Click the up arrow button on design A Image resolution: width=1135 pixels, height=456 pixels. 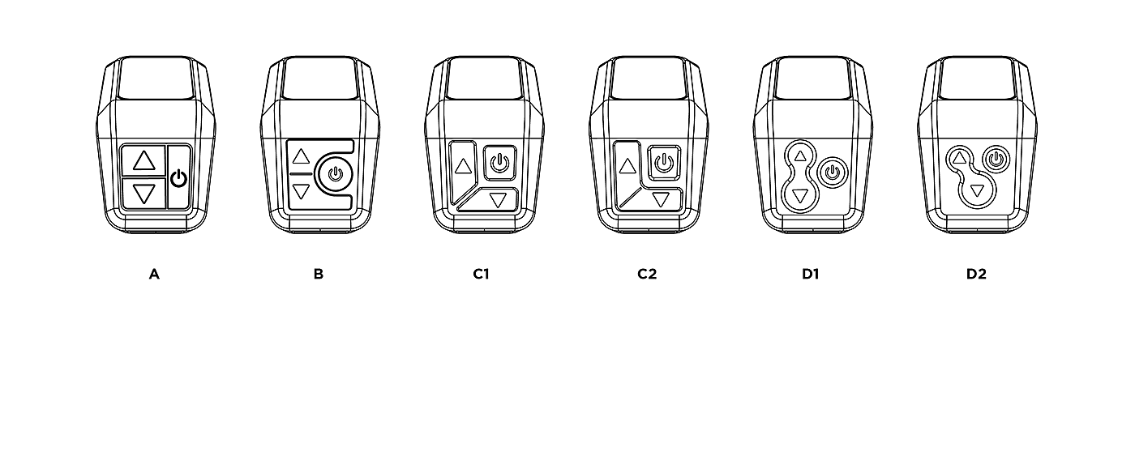coord(143,160)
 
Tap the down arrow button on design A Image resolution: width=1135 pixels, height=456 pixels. coord(143,194)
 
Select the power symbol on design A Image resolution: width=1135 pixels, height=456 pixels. coord(178,178)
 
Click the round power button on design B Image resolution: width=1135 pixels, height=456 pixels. coord(334,173)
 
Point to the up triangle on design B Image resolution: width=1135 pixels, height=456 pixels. coord(301,156)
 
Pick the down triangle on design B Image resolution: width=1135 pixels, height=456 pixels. coord(301,192)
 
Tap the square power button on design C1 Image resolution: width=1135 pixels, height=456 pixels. coord(499,162)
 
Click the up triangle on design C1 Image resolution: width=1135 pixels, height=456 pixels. coord(464,167)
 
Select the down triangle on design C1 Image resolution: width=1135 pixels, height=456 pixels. coord(498,198)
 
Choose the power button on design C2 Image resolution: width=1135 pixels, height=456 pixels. coord(664,160)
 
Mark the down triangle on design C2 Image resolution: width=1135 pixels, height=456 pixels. coord(662,199)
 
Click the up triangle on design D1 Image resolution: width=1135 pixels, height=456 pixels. coord(800,155)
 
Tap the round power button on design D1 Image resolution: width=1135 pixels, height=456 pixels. coord(832,172)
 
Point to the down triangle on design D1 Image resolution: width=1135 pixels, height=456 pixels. coord(800,195)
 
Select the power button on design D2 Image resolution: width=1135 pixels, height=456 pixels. coord(996,159)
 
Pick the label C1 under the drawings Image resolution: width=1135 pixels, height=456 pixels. coord(482,274)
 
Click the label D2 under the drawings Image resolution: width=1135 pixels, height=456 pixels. coord(976,274)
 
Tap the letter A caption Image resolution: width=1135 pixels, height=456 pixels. coord(154,274)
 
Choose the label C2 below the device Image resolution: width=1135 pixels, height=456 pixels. coord(646,274)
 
